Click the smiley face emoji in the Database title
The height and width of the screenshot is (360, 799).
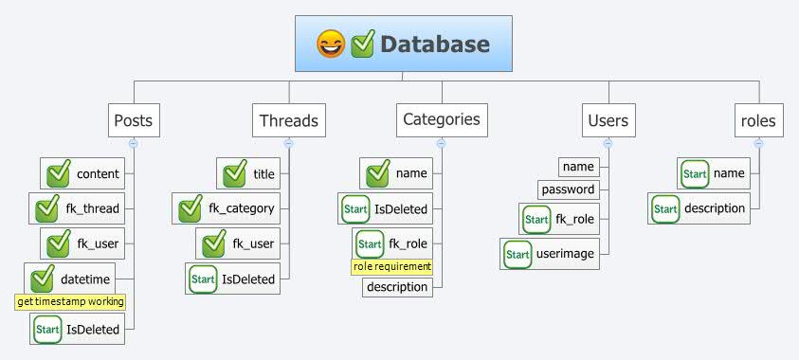click(x=331, y=45)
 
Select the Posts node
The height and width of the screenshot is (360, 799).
click(x=133, y=121)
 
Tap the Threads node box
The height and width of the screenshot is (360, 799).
click(x=288, y=121)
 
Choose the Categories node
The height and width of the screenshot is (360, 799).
click(x=441, y=120)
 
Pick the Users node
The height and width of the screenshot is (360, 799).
click(x=608, y=121)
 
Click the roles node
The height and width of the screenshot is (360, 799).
click(x=758, y=121)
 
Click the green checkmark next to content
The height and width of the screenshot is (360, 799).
click(x=59, y=173)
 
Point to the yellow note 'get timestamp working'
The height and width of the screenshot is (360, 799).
click(x=71, y=302)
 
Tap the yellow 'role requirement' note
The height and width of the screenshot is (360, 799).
click(x=392, y=266)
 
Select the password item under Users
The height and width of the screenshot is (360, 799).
click(x=569, y=189)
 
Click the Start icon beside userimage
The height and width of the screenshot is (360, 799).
click(x=518, y=254)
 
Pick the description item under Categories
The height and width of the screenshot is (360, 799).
click(x=397, y=287)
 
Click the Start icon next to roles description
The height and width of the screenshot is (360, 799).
click(x=665, y=208)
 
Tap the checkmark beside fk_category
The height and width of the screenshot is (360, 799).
click(x=191, y=208)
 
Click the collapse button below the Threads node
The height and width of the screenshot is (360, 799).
click(x=288, y=143)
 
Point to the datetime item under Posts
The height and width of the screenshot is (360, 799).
click(x=85, y=279)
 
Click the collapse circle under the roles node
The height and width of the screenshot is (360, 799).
click(x=758, y=143)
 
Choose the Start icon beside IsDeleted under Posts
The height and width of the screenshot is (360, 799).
click(x=47, y=330)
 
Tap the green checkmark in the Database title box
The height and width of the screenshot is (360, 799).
click(x=363, y=45)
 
